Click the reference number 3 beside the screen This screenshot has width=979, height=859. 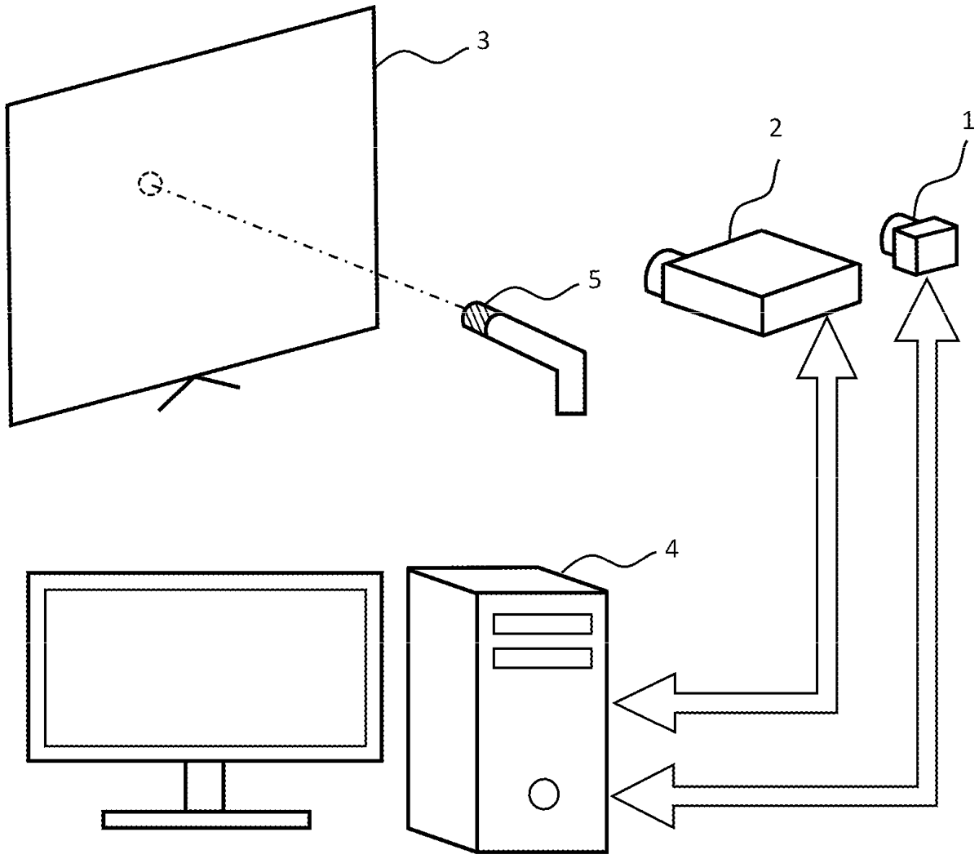click(x=482, y=41)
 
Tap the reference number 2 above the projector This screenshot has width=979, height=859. click(x=774, y=127)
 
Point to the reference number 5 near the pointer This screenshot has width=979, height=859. click(x=594, y=280)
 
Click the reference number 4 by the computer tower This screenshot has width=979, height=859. click(x=671, y=550)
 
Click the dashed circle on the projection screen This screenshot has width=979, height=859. click(x=150, y=184)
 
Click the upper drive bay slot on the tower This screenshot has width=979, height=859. click(x=543, y=624)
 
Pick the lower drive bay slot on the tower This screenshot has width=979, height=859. click(x=543, y=658)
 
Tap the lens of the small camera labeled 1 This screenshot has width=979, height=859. click(x=889, y=234)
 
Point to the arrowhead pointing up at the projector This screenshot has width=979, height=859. click(x=826, y=346)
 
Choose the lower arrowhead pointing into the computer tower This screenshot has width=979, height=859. click(x=645, y=795)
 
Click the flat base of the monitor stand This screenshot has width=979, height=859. click(x=206, y=820)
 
